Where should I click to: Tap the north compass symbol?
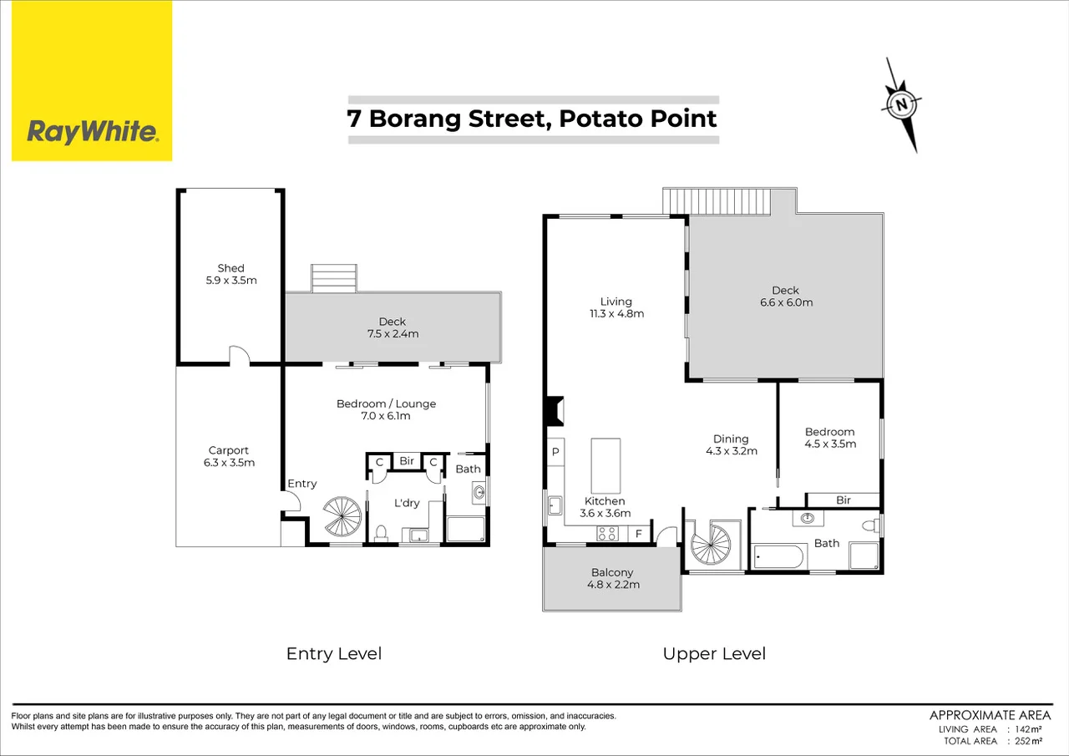[x=902, y=105]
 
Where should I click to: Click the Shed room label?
[x=231, y=268]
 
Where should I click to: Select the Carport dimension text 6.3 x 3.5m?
[x=229, y=462]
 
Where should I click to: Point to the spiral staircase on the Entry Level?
[x=343, y=517]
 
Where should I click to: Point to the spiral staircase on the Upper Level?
[x=711, y=544]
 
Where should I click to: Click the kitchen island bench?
[x=605, y=466]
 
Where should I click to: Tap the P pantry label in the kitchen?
[x=555, y=452]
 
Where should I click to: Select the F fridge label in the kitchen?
[x=639, y=533]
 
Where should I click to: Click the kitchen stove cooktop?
[x=607, y=533]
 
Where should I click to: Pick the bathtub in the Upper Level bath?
[x=778, y=556]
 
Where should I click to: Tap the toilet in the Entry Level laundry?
[x=381, y=532]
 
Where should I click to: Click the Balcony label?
[x=612, y=572]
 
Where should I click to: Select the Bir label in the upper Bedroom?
[x=843, y=500]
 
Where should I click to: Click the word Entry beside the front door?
[x=301, y=484]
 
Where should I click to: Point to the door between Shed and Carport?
[x=240, y=357]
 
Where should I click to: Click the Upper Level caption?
[x=714, y=653]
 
